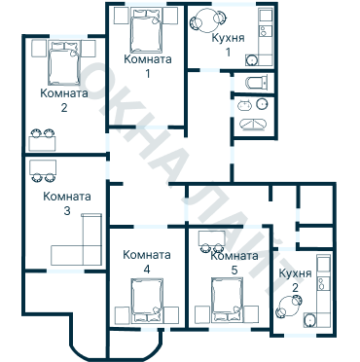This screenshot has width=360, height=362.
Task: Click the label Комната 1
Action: (x=148, y=66)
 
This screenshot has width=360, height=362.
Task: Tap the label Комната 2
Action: (x=64, y=100)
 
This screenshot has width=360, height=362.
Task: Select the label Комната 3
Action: (x=67, y=203)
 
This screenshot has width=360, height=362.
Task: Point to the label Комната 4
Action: (x=147, y=262)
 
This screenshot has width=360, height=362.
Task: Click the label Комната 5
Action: (x=234, y=263)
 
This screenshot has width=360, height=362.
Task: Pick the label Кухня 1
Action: (x=228, y=45)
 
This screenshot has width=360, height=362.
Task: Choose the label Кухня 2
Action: (x=295, y=280)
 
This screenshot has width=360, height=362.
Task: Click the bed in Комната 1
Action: (x=146, y=31)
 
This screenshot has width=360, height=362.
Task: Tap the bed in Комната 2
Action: (x=64, y=63)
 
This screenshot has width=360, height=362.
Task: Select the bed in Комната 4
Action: (x=147, y=301)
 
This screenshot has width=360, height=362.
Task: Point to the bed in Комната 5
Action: (x=227, y=301)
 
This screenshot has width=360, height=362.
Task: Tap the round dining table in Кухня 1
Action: (x=208, y=20)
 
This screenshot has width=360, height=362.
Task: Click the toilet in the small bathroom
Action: (x=257, y=83)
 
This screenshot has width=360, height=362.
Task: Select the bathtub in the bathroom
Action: (x=253, y=125)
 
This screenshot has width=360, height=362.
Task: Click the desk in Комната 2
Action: (x=42, y=144)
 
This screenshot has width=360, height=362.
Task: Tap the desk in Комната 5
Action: (x=212, y=237)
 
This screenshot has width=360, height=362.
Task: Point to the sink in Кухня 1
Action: (x=252, y=60)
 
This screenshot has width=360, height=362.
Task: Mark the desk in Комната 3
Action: (x=43, y=166)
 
